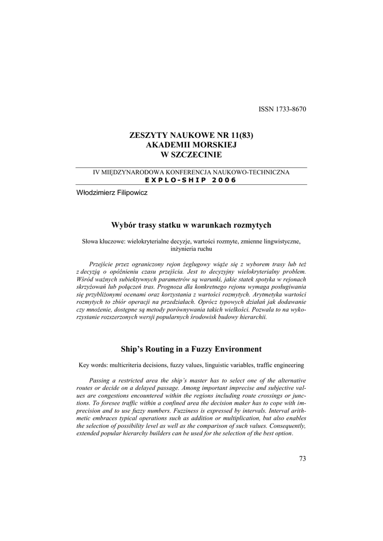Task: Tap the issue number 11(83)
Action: pos(239,135)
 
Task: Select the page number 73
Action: pos(302,458)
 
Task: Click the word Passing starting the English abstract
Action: pos(101,381)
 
